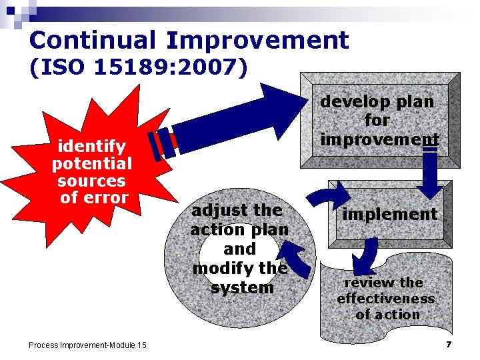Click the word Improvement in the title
point(257,41)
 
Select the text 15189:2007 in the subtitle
point(175,67)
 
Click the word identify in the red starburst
point(92,146)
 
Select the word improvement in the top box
point(379,139)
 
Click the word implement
point(389,214)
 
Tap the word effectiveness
point(385,299)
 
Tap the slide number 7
point(449,344)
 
